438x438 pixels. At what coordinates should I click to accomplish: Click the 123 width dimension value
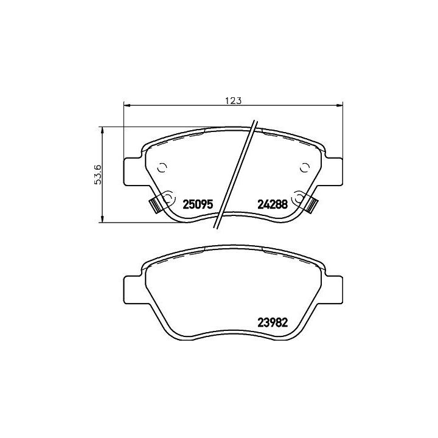233,100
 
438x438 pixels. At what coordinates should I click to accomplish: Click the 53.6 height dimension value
98,175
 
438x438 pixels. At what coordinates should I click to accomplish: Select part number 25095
198,204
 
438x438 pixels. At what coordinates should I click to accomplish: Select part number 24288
273,204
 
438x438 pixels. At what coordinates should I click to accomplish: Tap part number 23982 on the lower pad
273,323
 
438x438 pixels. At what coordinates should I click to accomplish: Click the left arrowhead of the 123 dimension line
127,105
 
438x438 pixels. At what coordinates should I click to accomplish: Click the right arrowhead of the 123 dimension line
339,105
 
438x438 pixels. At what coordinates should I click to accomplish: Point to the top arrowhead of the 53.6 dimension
103,130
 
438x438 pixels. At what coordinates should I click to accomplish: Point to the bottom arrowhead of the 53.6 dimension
103,219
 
